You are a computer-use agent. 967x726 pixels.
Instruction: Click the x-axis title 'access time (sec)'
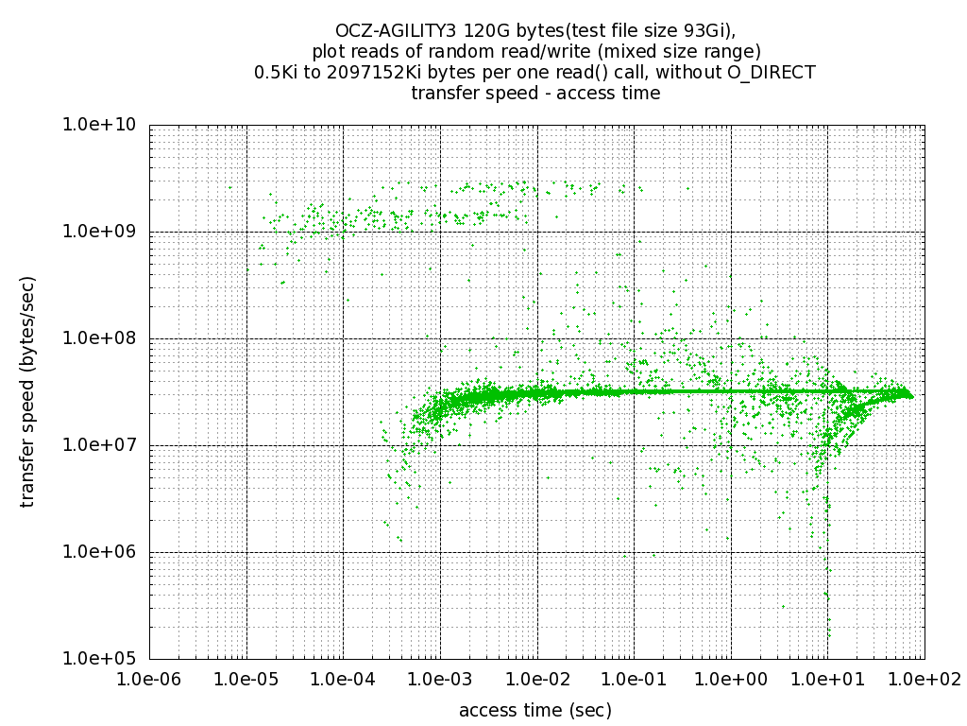[x=535, y=710]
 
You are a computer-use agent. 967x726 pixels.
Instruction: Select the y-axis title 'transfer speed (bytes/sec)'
[x=28, y=391]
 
